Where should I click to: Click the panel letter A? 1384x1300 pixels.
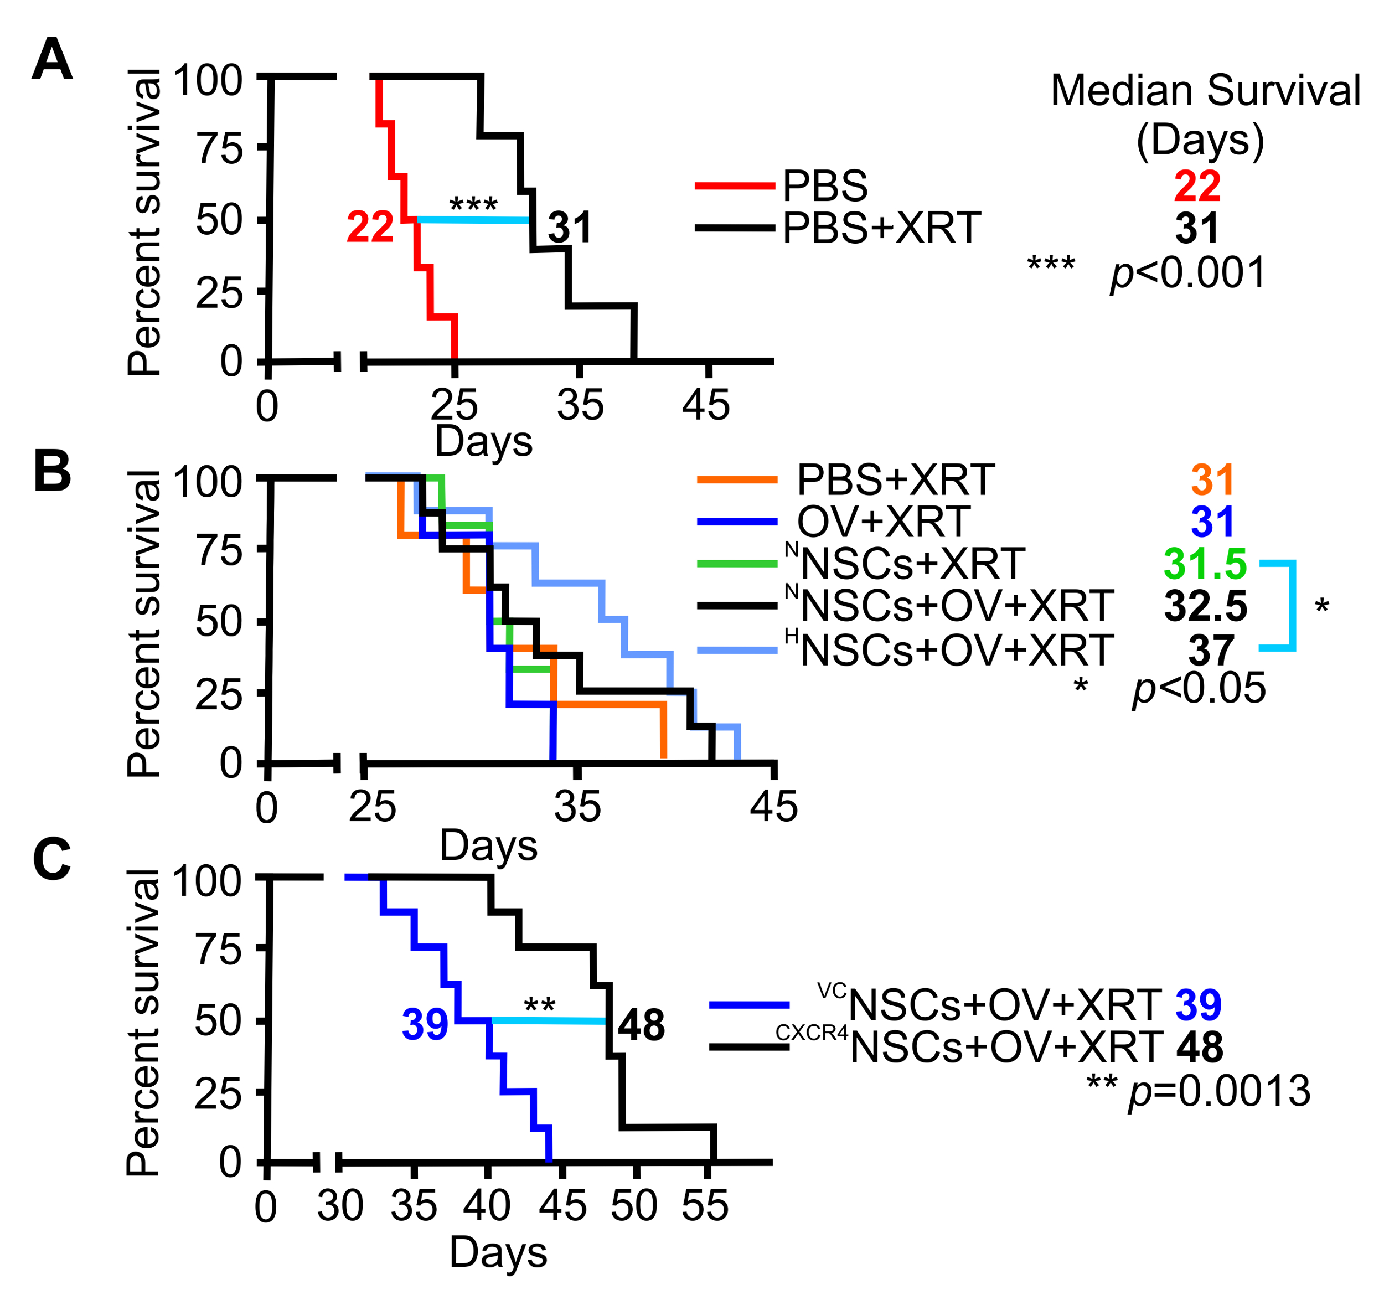click(x=52, y=60)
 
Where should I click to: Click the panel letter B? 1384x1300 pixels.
click(x=52, y=471)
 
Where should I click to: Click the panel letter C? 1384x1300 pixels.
click(x=51, y=859)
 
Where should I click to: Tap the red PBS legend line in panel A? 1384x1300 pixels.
click(x=735, y=186)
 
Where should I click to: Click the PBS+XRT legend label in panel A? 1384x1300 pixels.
click(x=881, y=228)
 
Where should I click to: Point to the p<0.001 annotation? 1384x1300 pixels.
click(x=1187, y=273)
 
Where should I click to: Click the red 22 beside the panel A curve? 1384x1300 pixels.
click(x=370, y=227)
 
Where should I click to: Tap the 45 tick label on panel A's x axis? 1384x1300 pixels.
click(x=706, y=405)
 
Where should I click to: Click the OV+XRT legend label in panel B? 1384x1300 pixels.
click(x=884, y=522)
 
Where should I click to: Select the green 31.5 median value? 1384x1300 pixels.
click(x=1205, y=563)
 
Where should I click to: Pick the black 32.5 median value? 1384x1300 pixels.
click(x=1205, y=606)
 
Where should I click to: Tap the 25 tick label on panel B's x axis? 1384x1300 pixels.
click(x=373, y=807)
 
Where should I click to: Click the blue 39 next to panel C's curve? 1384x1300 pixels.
click(x=425, y=1024)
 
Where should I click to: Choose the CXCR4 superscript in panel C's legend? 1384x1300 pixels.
click(x=812, y=1033)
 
